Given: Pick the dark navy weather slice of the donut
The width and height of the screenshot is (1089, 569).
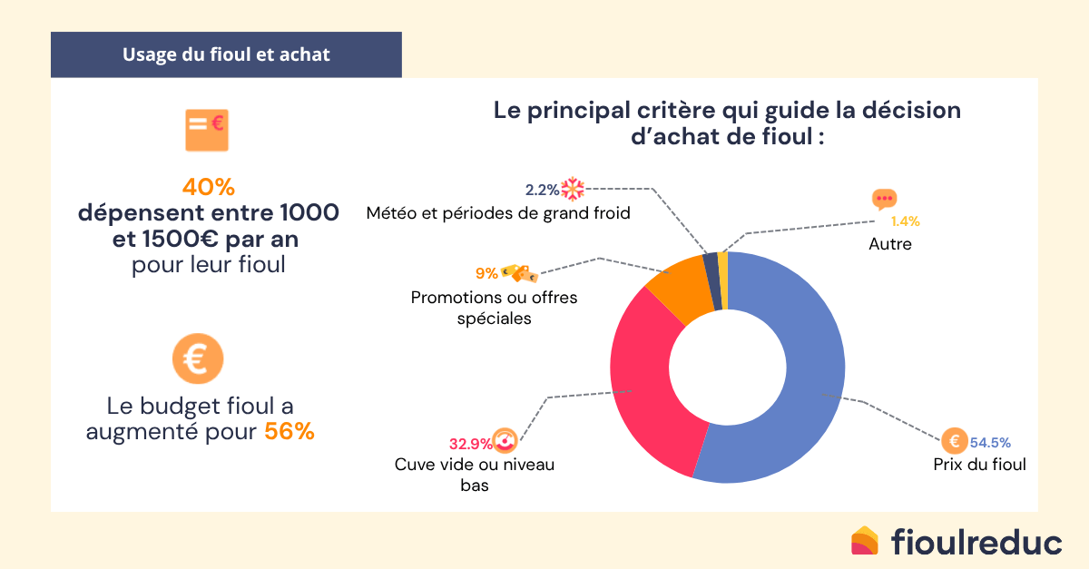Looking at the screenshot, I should click(x=712, y=268).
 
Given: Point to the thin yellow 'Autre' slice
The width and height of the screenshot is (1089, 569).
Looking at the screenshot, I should click(x=723, y=265).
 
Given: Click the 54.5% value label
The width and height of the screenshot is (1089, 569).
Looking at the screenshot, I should click(x=990, y=443).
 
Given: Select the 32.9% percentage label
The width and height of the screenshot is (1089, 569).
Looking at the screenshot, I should click(x=470, y=444).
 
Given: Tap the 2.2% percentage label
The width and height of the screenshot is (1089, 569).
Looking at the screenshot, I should click(x=542, y=190).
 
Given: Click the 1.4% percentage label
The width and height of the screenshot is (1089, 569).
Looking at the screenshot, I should click(x=905, y=221).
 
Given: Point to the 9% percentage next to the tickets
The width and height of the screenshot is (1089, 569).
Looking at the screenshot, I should click(x=486, y=272).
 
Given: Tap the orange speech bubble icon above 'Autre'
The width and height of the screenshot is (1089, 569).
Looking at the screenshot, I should click(x=884, y=200).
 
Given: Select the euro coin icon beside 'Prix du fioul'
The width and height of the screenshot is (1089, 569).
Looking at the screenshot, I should click(x=954, y=442).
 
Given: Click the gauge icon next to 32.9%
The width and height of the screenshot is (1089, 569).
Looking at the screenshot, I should click(x=505, y=441).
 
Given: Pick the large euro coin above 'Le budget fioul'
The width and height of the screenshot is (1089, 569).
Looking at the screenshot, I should click(x=197, y=359).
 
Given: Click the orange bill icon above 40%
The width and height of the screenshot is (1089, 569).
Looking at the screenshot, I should click(x=207, y=130).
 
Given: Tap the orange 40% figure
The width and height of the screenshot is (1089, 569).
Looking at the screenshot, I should click(x=208, y=187).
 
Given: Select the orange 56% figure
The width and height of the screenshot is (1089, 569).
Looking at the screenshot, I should click(x=289, y=432).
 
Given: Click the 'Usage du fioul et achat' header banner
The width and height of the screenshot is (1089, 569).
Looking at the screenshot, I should click(x=226, y=54).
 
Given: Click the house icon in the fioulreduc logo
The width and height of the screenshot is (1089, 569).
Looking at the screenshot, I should click(x=865, y=541).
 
